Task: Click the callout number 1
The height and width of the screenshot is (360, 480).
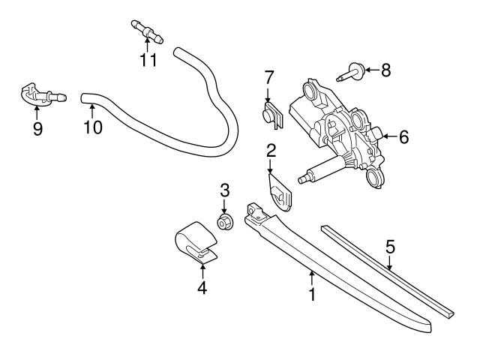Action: (x=311, y=293)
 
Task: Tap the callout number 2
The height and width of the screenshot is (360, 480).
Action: (x=271, y=150)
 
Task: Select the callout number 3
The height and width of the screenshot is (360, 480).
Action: (x=224, y=190)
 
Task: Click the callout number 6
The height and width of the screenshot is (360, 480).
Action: (x=403, y=137)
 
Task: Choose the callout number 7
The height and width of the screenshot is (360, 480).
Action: (x=268, y=76)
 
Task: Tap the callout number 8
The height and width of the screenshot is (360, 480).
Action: (x=385, y=70)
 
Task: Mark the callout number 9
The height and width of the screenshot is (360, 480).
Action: (x=37, y=128)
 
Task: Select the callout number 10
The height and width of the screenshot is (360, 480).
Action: (x=92, y=127)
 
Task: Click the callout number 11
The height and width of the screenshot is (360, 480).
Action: (x=148, y=59)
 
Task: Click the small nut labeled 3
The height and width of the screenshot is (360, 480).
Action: (x=223, y=221)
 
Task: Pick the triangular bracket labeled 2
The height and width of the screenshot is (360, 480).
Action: (x=281, y=192)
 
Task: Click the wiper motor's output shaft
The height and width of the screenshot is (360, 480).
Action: (x=316, y=175)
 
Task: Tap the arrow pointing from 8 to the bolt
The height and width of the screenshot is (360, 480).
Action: (x=371, y=71)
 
